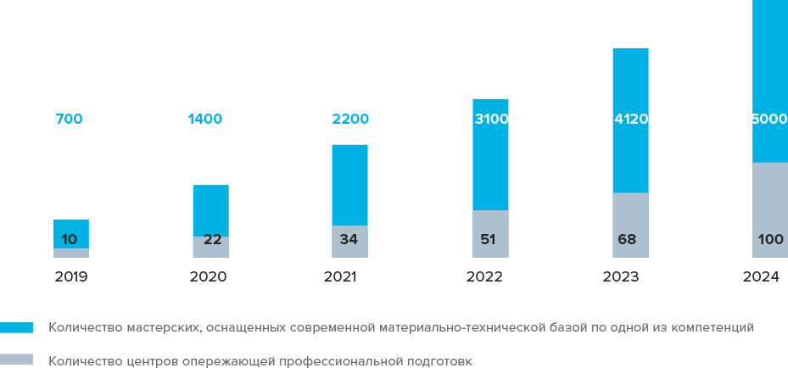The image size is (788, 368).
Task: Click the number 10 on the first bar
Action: pyautogui.click(x=70, y=239)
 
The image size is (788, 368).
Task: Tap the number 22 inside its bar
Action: pyautogui.click(x=212, y=240)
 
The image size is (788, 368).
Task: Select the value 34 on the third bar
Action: pyautogui.click(x=348, y=239)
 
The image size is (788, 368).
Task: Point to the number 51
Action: pyautogui.click(x=488, y=239)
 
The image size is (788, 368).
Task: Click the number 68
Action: pyautogui.click(x=627, y=239)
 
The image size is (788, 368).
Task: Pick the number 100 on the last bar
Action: pyautogui.click(x=770, y=240)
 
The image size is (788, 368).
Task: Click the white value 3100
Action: pyautogui.click(x=491, y=120)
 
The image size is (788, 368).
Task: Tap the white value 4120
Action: pyautogui.click(x=631, y=120)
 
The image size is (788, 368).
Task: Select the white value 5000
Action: pyautogui.click(x=769, y=120)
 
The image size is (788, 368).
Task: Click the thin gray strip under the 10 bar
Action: pyautogui.click(x=70, y=253)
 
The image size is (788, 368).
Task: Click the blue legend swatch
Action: pyautogui.click(x=17, y=327)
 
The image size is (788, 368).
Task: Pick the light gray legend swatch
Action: pyautogui.click(x=17, y=359)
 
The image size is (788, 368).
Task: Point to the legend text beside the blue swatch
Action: pyautogui.click(x=399, y=326)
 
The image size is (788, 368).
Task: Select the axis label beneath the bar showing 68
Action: pyautogui.click(x=620, y=278)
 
